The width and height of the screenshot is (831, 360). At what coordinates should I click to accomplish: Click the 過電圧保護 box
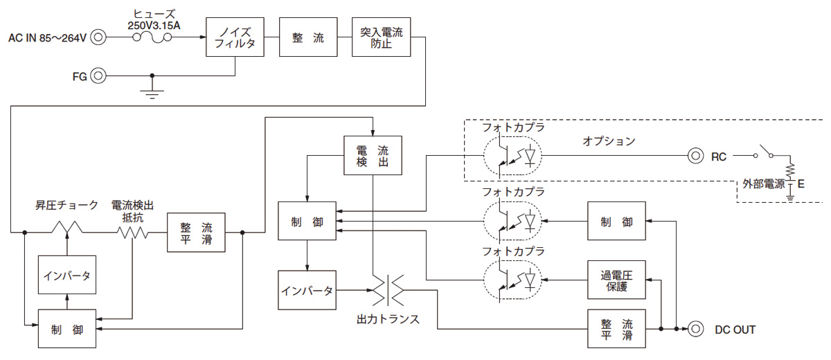[616, 280]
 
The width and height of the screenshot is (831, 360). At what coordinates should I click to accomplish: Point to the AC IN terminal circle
[99, 37]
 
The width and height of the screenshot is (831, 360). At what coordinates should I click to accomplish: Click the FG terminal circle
[99, 75]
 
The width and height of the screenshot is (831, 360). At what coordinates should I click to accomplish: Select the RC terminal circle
[695, 156]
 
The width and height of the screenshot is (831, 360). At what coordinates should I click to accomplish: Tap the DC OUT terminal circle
[695, 329]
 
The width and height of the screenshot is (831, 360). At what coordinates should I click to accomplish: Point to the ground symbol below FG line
[152, 91]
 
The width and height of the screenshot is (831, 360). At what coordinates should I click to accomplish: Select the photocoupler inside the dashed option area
[512, 156]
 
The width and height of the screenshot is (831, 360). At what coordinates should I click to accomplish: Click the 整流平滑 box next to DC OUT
[616, 329]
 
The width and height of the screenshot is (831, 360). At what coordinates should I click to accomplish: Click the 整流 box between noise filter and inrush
[306, 37]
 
